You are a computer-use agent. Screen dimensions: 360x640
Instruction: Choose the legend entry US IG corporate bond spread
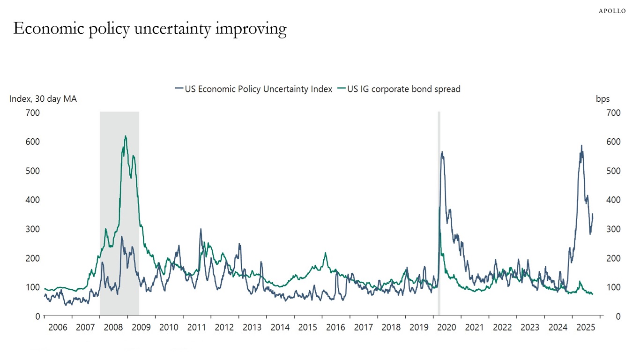point(399,89)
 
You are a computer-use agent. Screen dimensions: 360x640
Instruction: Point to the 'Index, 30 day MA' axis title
point(43,99)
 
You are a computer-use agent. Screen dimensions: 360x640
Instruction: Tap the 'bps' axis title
point(603,99)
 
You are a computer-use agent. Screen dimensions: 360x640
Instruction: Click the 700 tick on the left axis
point(33,113)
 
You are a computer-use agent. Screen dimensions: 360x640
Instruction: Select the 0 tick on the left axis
point(37,316)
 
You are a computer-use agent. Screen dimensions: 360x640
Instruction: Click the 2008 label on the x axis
point(114,327)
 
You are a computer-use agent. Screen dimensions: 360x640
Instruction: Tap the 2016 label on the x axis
point(336,327)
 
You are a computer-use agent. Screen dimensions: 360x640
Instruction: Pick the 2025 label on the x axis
point(586,327)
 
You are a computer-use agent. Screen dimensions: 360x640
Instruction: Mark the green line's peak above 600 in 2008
point(125,136)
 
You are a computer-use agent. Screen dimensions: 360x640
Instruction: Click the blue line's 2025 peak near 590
point(581,146)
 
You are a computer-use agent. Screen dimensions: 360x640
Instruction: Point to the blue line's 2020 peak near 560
point(442,152)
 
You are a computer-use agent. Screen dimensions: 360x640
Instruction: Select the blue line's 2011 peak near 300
point(201,229)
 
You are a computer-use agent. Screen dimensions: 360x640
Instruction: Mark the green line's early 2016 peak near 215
point(325,253)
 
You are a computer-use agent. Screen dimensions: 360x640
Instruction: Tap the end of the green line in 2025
point(593,294)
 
